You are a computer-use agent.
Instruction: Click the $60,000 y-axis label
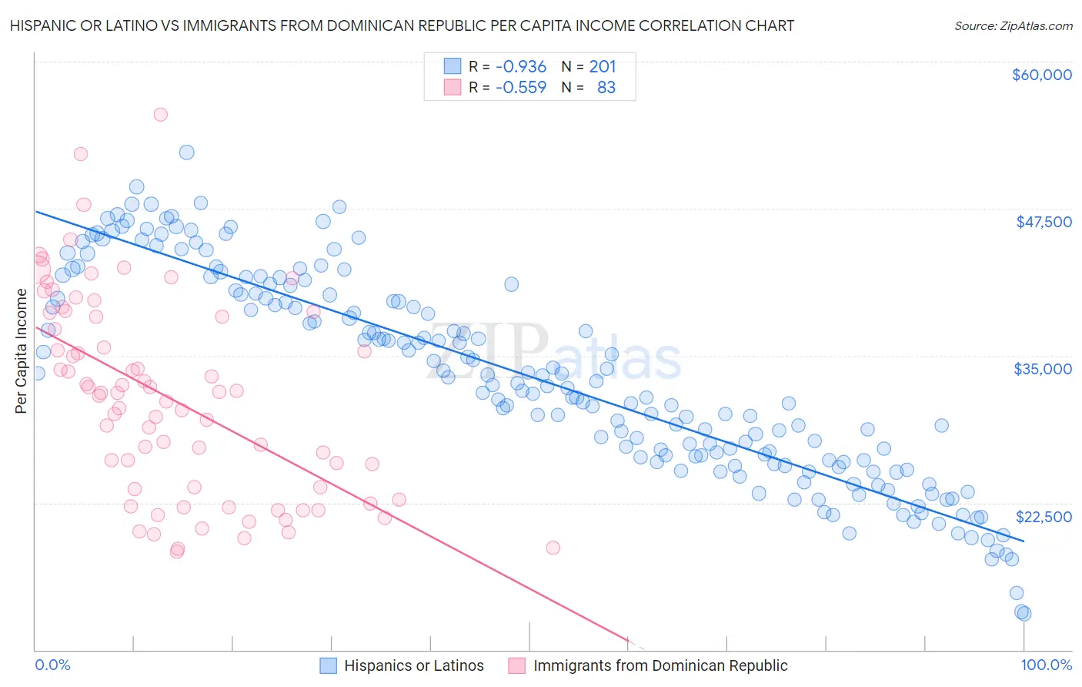1041,75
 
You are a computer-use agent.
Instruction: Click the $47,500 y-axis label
1044,222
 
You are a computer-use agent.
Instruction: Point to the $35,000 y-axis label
1043,369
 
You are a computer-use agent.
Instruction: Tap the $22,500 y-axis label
1044,517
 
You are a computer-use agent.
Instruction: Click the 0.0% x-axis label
52,665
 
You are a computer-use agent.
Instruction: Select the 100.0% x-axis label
1046,665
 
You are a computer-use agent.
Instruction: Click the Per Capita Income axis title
22,350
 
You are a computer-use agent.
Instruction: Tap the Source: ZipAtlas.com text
1013,25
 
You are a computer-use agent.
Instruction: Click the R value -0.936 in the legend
521,67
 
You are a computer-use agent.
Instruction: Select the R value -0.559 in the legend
521,88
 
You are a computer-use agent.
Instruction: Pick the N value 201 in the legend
603,67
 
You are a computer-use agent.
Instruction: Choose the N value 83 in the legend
606,88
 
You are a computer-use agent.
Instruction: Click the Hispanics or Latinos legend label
414,665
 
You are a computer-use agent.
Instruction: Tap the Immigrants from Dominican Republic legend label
660,665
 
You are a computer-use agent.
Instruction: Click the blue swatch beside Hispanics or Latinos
329,665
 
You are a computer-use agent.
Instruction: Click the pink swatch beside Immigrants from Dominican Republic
516,665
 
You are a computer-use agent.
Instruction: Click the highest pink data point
160,115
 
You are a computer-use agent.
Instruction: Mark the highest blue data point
186,152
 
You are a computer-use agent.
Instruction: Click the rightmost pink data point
553,548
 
